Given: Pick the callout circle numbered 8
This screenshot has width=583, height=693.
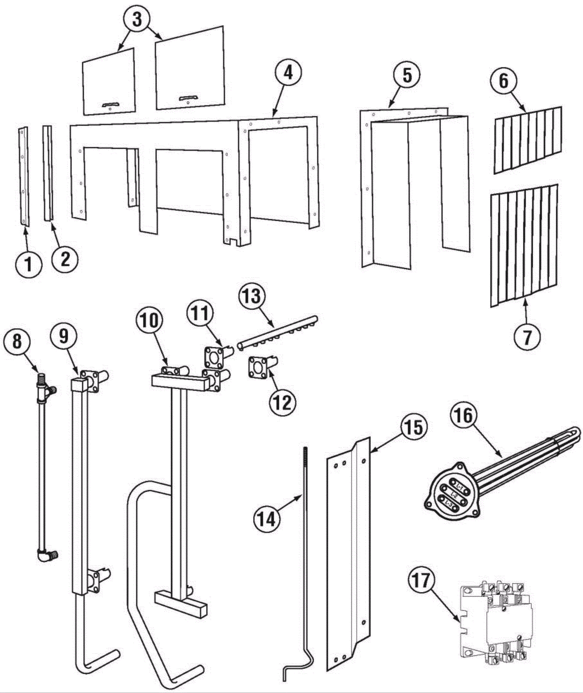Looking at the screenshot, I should tap(17, 343).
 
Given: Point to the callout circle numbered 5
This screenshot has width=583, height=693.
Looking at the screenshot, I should tap(407, 75).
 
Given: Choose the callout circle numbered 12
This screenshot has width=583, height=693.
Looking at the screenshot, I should tap(282, 403).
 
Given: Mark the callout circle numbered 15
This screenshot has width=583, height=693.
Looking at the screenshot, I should tap(414, 428).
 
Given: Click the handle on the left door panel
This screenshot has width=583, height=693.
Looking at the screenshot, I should tap(110, 105).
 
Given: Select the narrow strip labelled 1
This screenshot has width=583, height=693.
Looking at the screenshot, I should tap(23, 177).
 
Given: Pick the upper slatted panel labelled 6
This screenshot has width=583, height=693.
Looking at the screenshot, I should tap(527, 139).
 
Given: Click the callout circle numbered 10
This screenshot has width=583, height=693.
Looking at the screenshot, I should tap(151, 321).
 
